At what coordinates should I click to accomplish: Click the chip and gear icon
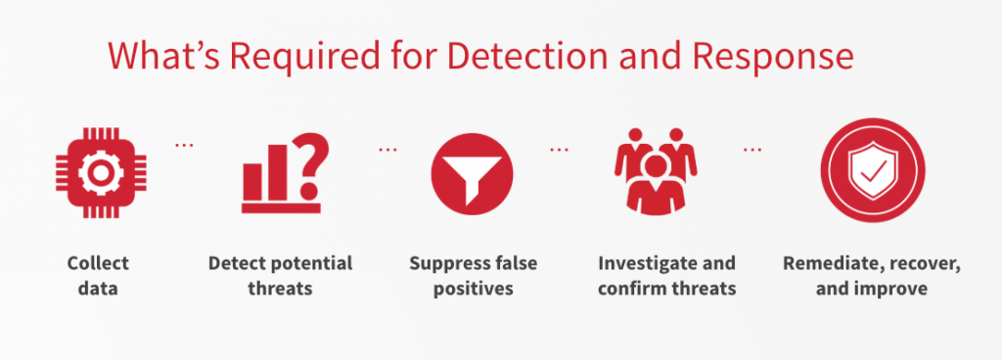coord(101,172)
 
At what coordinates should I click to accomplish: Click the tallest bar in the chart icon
coord(277,172)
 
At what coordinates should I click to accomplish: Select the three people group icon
coord(656,171)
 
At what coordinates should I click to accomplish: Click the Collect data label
coord(99,276)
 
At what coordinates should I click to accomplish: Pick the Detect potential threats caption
coord(281,276)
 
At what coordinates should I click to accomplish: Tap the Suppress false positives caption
coord(474,276)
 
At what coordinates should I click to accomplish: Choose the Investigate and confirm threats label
coord(667,276)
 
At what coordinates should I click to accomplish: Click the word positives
coord(474,290)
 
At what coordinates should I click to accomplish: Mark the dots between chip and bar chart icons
coord(184,146)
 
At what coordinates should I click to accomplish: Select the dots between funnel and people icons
coord(559,150)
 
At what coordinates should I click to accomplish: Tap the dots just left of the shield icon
coord(752,150)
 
